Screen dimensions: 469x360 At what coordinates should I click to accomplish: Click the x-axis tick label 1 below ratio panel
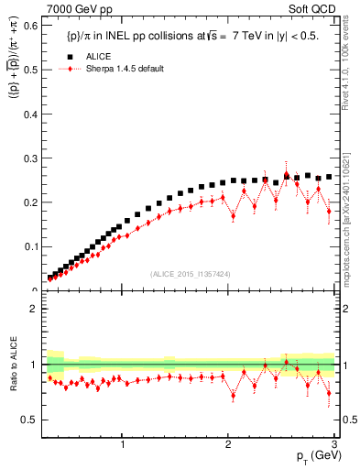point(123,444)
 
